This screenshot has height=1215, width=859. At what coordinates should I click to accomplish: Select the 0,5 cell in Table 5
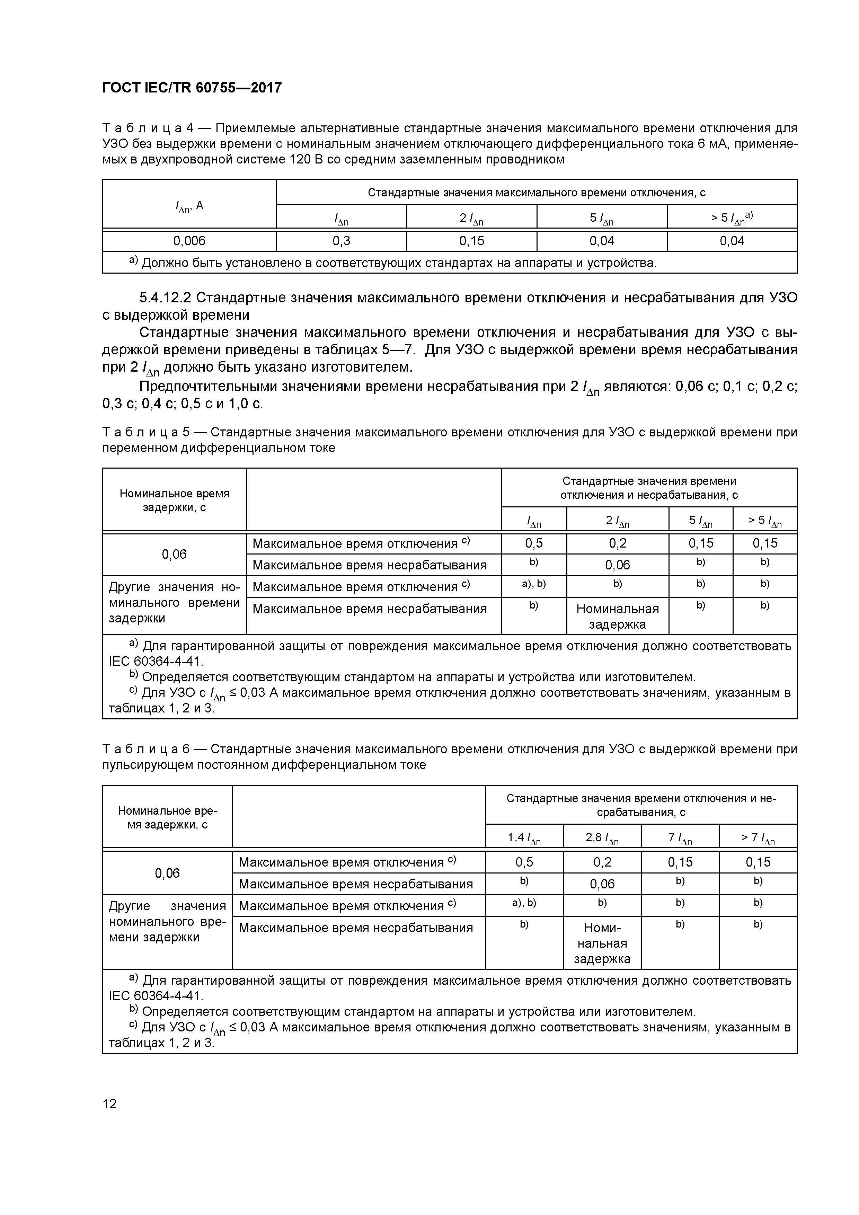[533, 543]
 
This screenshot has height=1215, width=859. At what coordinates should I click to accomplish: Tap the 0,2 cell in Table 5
[617, 543]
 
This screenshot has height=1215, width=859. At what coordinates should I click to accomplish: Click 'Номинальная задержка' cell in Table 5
[617, 616]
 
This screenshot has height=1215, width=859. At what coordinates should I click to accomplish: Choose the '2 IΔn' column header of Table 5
[617, 521]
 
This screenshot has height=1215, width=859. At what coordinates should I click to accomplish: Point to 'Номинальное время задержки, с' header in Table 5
[174, 500]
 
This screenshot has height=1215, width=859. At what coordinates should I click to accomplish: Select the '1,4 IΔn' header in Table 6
[524, 838]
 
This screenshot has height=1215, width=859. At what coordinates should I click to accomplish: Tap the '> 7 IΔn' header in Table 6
[758, 838]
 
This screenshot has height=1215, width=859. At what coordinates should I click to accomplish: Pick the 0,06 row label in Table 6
[167, 873]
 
